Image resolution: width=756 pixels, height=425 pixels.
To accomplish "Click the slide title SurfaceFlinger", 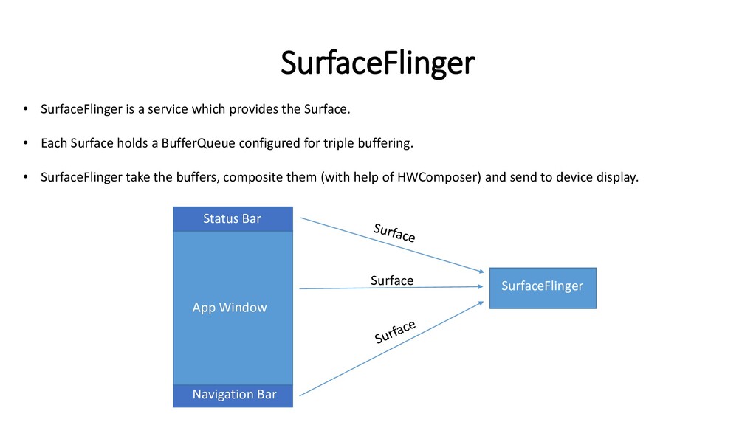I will tap(377, 64).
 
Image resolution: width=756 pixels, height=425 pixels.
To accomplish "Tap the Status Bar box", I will tap(232, 218).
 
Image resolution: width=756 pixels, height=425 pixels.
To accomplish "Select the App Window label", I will tap(229, 307).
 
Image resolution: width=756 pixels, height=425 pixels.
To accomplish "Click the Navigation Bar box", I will tap(233, 395).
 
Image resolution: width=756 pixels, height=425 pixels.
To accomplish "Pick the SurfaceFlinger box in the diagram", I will tap(542, 287).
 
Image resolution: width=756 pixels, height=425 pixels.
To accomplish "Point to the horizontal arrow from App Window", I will tap(391, 288).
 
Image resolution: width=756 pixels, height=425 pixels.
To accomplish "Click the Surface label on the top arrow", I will tap(394, 233).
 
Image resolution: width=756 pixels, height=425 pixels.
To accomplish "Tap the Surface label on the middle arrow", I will tap(391, 280).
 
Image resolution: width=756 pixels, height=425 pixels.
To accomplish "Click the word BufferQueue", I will tap(197, 143).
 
